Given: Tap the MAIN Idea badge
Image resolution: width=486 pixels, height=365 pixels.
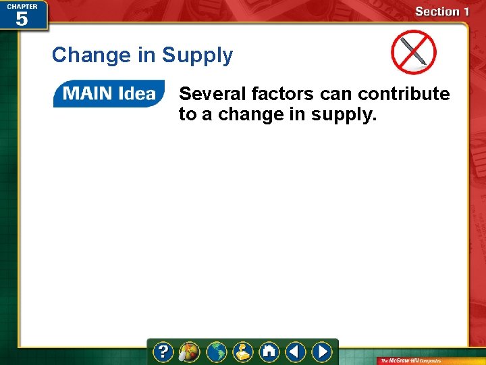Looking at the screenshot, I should coord(109,94).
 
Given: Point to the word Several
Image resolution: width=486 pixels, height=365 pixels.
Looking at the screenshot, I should coord(212,94).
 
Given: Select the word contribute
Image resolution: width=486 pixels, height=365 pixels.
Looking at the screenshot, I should coord(404,94).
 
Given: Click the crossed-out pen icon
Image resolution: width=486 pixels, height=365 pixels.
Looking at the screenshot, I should coord(413,53).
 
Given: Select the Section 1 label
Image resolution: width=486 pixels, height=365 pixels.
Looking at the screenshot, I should coord(441,11).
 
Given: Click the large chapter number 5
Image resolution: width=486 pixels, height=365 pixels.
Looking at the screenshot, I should coord(22,19).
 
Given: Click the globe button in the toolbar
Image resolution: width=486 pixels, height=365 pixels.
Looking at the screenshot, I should coord(217,352).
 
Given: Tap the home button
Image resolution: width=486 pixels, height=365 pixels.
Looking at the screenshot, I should coord(269,352).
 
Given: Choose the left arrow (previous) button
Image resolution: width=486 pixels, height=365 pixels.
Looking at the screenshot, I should coord(295,352).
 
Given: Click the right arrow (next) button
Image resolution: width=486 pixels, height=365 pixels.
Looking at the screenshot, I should coord(322,352).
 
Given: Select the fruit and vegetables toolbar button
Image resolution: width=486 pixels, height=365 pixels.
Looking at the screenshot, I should coord(190,352).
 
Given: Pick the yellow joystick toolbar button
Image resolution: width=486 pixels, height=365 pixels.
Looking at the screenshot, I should coord(243,352).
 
